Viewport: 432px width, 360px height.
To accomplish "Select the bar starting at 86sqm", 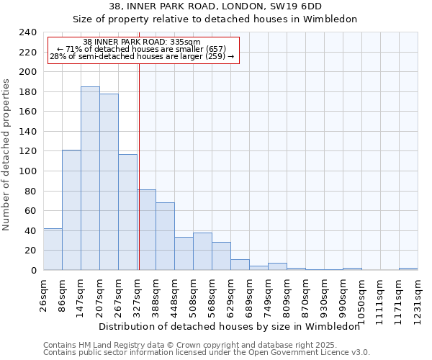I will coord(71,210).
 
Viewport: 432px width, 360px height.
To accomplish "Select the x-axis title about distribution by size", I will coord(229,327).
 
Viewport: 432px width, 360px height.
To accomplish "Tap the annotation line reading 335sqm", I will coord(142,42).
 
